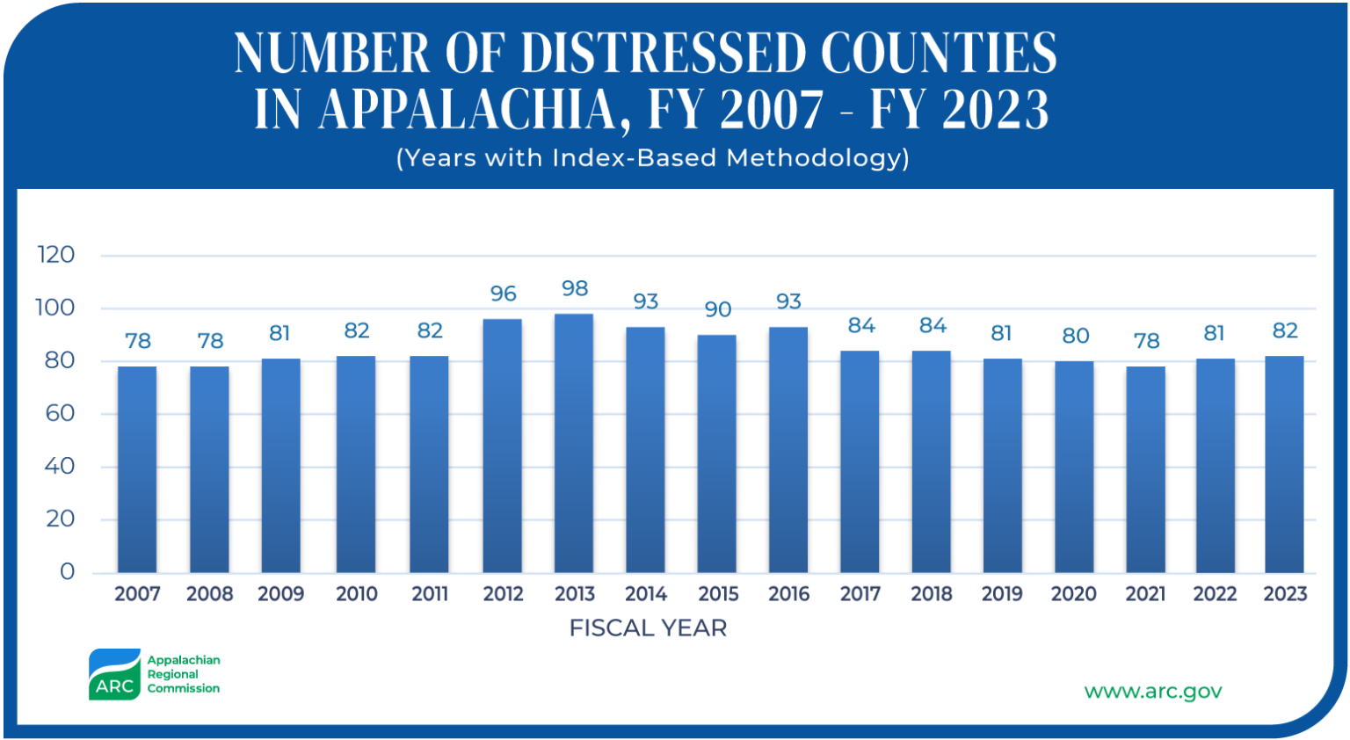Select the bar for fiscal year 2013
574,444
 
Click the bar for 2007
137,469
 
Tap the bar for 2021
1145,469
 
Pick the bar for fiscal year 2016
788,450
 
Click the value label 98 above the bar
575,289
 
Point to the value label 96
503,294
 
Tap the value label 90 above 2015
718,310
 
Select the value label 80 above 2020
1075,337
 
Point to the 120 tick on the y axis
56,256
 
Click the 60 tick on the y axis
60,414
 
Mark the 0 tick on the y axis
68,572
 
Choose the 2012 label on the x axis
503,595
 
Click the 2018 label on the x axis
932,595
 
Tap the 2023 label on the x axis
1285,595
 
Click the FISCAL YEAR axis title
648,628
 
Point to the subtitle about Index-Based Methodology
652,158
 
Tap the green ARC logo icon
114,675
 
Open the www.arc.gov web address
1152,692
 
